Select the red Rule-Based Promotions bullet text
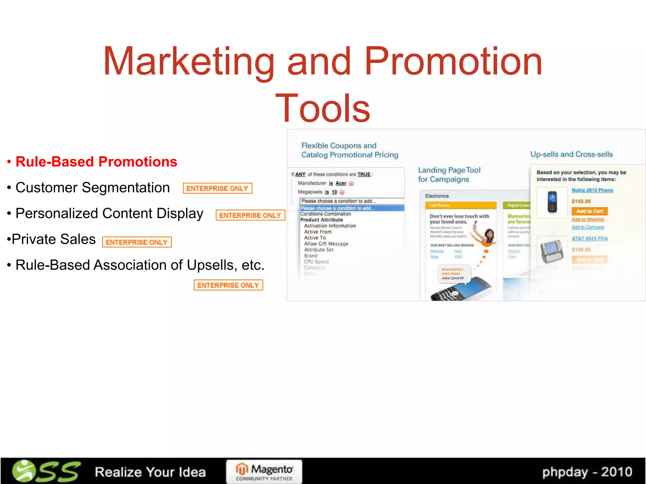point(96,162)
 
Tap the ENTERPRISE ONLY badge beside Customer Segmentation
point(217,188)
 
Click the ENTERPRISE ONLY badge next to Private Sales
point(137,242)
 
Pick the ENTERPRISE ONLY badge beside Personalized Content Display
point(250,215)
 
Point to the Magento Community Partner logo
point(264,472)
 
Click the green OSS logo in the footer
point(46,471)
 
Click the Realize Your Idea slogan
point(150,472)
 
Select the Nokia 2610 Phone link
point(592,190)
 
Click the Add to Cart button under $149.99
point(589,211)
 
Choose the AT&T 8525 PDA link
point(589,239)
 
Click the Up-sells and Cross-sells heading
point(571,154)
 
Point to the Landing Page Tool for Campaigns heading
point(449,175)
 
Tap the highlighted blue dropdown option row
point(352,208)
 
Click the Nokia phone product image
point(552,202)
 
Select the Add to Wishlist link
point(588,219)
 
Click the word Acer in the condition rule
point(341,183)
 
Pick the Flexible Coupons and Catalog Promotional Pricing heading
point(349,150)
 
